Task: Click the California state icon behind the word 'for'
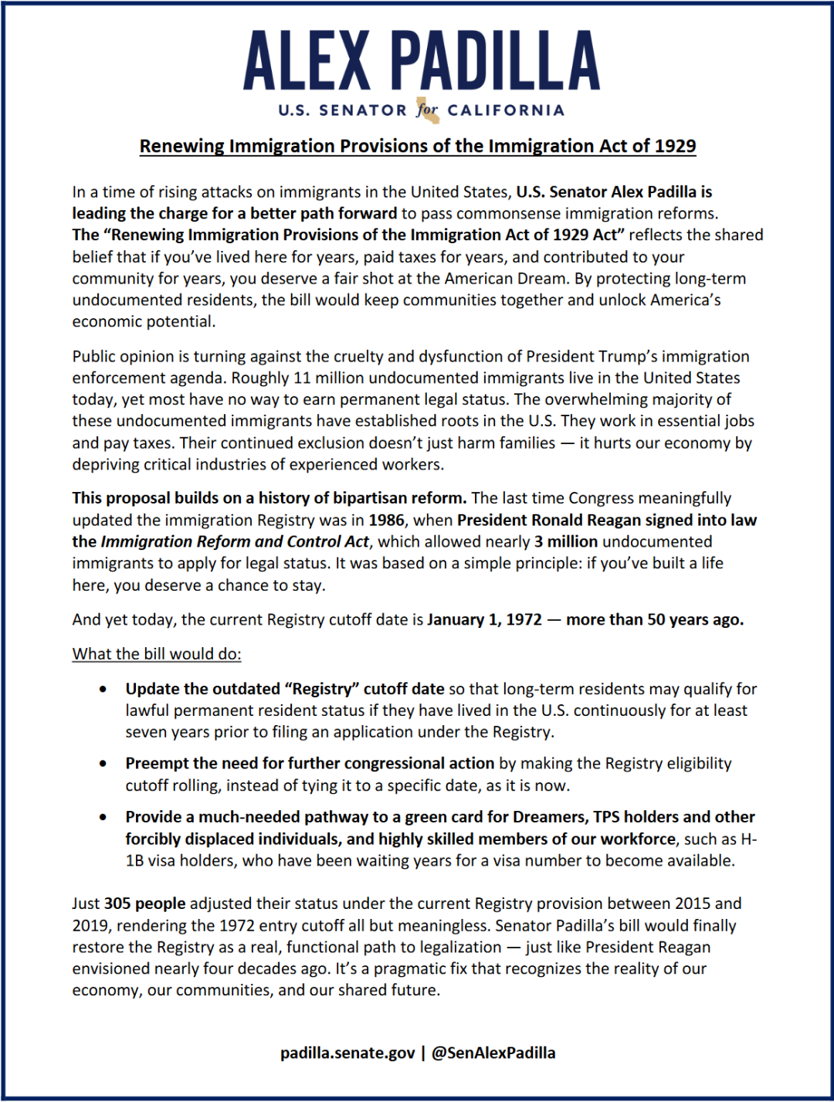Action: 427,110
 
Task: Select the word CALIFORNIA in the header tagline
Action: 506,110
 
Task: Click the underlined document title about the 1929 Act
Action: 418,146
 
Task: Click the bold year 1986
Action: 386,520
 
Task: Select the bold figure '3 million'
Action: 566,542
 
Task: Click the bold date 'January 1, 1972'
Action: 484,620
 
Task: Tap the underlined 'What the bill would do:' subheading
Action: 157,654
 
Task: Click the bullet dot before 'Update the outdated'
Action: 103,689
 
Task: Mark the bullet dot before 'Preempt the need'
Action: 103,764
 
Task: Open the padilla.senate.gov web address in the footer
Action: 347,1053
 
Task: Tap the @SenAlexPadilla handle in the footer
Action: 493,1053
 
